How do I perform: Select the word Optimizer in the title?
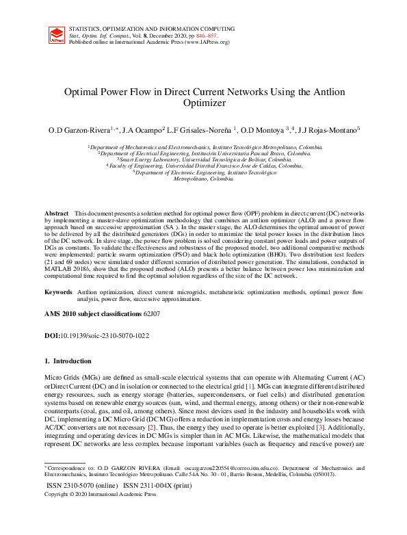[203, 104]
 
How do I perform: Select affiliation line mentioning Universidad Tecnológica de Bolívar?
[204, 159]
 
